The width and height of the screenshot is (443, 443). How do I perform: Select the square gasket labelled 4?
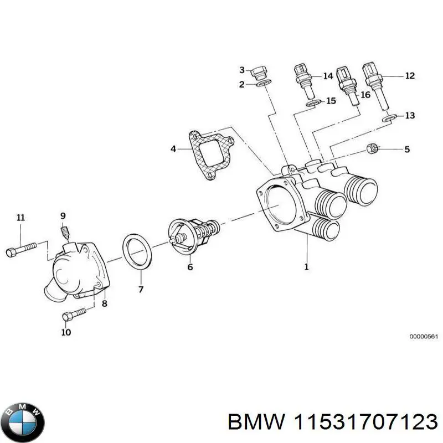(210, 156)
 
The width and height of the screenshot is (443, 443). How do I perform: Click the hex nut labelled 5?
(373, 148)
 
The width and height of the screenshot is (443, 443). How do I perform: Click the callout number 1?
(306, 267)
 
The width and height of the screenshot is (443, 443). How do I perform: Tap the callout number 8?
(105, 303)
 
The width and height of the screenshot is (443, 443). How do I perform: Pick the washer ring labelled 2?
(262, 85)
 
